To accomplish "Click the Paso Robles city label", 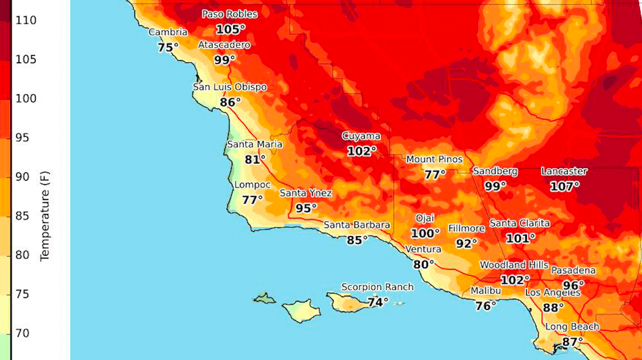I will click(x=229, y=14).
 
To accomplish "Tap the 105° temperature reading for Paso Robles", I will click(x=231, y=29).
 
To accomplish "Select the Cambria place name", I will click(x=168, y=33).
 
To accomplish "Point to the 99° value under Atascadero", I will click(x=225, y=60).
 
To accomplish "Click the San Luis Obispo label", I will click(x=230, y=87).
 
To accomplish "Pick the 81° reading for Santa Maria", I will click(x=255, y=159).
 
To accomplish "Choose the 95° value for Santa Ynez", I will click(x=306, y=208).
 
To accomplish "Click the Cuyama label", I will click(x=361, y=136).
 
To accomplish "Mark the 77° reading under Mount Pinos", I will click(x=435, y=174).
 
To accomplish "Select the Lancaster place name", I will click(x=564, y=171).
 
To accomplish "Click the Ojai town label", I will click(x=425, y=218).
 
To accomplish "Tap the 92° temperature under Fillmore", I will click(x=466, y=243).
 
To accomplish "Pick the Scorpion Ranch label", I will click(x=377, y=287).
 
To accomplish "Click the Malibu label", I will click(x=486, y=291).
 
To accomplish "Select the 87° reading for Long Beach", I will click(x=572, y=341).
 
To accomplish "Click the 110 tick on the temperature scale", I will click(x=26, y=21).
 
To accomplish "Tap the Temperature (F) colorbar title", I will click(x=45, y=216).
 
